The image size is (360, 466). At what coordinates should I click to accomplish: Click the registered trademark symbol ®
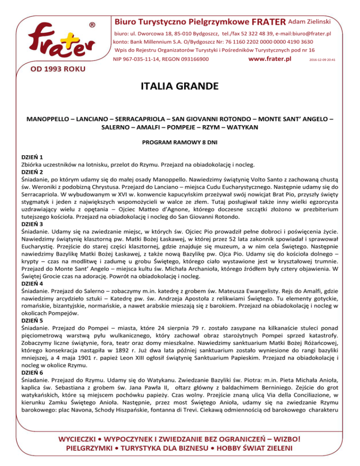coord(93,23)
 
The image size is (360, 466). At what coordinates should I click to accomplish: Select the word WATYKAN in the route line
coord(243,127)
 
